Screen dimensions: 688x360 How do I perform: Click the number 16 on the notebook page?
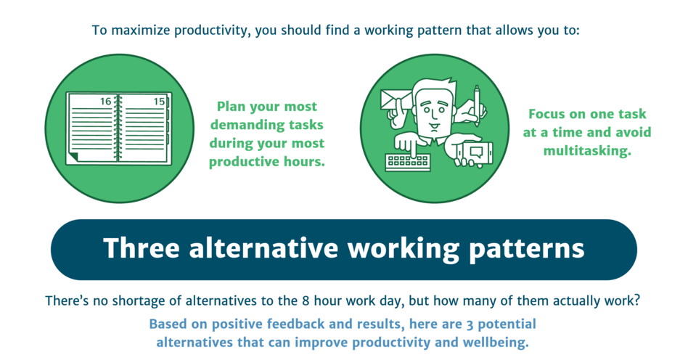pos(106,102)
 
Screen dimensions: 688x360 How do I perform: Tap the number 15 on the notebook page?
pos(159,102)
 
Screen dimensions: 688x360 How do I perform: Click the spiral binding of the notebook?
pos(118,128)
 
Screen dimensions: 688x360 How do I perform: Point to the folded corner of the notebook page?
pos(73,156)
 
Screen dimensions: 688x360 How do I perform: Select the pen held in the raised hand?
pos(477,106)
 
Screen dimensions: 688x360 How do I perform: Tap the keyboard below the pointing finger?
pos(408,162)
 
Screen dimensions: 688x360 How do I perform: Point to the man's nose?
pos(433,115)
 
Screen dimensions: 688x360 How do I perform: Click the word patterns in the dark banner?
pos(527,249)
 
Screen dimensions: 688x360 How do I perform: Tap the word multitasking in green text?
pos(587,151)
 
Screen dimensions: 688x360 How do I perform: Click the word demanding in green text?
pos(267,125)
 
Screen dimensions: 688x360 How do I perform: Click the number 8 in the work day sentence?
pos(306,301)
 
